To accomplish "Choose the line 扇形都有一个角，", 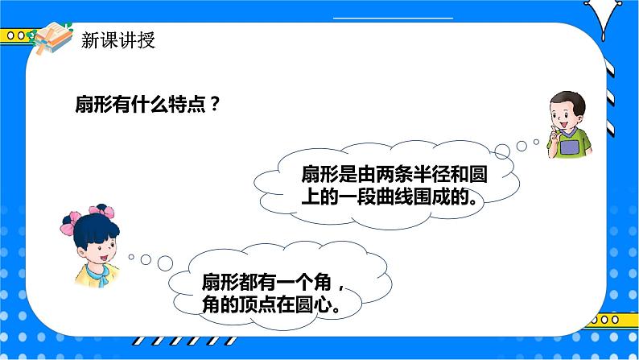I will tap(274, 283).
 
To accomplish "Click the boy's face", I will tap(567, 112).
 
